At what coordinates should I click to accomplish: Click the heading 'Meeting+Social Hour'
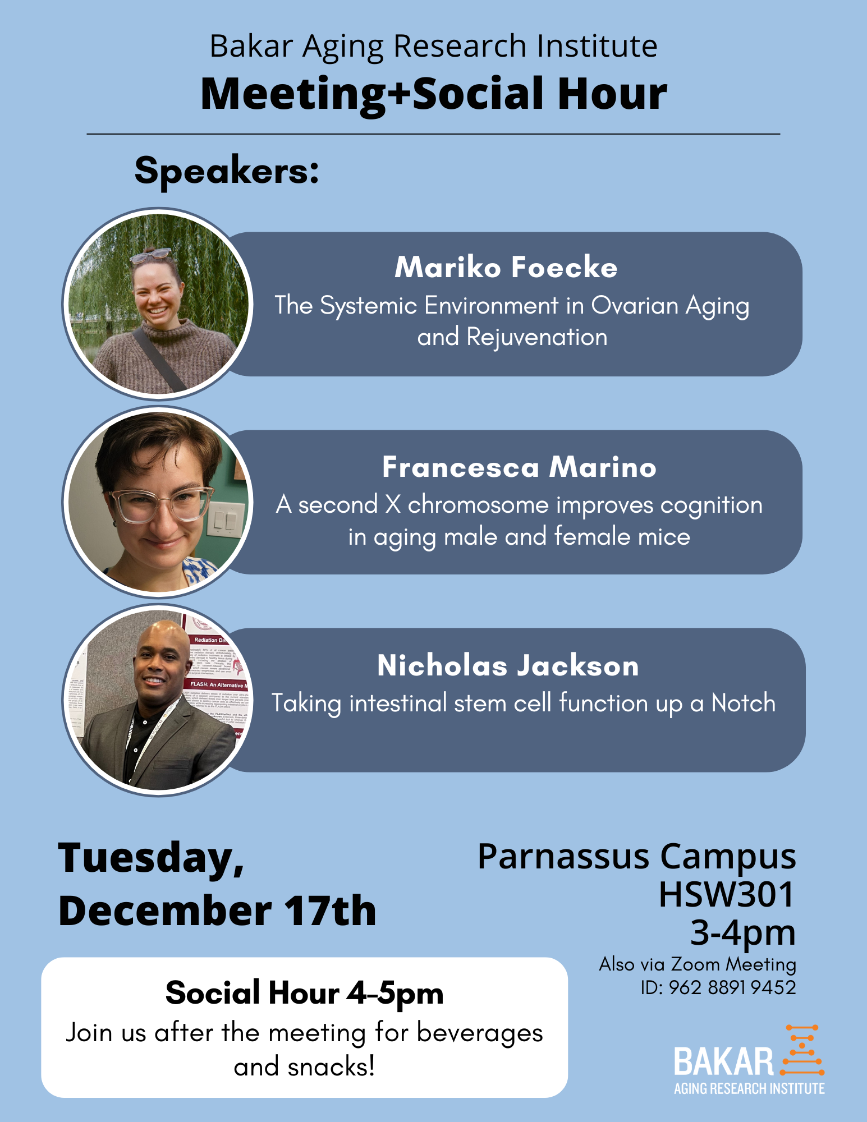click(434, 94)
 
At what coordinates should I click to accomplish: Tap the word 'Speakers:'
click(227, 171)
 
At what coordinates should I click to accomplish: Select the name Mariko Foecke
click(506, 267)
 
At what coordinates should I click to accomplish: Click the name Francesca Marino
click(519, 467)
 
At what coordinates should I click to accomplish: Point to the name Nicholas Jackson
click(508, 665)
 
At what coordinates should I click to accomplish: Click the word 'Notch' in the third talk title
click(744, 702)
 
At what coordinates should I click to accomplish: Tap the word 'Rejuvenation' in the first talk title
click(537, 337)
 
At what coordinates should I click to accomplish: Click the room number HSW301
click(727, 894)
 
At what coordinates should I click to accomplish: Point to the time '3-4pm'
click(743, 932)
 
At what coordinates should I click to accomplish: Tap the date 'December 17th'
click(217, 911)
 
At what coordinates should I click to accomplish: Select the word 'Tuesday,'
click(152, 858)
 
